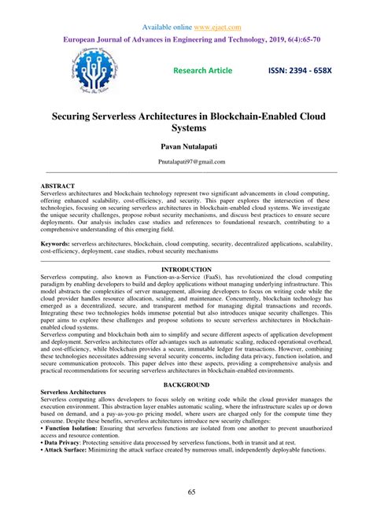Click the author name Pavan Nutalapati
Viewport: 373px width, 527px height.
point(186,146)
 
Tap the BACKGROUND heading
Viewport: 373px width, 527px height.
point(186,385)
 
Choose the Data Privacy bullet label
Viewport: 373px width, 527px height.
point(64,442)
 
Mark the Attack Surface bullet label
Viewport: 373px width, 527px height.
point(68,450)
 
